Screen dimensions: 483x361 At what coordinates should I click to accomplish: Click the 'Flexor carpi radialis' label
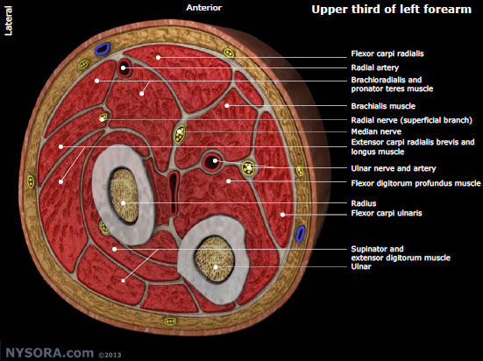[387, 53]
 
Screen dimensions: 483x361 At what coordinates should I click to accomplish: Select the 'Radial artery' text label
[375, 67]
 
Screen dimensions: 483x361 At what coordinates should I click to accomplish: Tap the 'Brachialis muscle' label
[383, 106]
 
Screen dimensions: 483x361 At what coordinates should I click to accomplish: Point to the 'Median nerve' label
[376, 131]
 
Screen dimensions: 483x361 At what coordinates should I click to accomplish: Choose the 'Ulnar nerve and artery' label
[394, 168]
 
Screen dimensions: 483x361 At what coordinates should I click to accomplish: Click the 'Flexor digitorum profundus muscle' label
[416, 183]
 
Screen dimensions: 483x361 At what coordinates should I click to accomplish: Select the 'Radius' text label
[364, 203]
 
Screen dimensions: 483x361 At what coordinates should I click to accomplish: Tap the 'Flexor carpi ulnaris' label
[387, 213]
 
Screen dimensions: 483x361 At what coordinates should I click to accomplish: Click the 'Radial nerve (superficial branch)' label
[411, 120]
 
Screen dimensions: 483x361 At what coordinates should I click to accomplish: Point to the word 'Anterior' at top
[204, 8]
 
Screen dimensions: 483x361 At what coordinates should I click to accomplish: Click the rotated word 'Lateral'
[8, 21]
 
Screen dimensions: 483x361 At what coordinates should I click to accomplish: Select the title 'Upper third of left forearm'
[391, 10]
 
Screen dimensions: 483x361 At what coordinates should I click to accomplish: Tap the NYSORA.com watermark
[49, 353]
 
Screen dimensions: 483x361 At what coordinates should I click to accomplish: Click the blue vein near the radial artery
[103, 49]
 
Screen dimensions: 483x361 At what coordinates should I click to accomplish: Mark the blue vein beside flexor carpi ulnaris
[301, 233]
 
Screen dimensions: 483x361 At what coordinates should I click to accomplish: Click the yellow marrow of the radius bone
[124, 195]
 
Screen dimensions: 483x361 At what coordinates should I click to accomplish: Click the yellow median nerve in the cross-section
[180, 134]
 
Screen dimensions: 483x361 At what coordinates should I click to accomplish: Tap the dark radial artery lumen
[124, 68]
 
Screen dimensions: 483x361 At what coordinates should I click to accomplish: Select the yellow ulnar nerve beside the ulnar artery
[248, 168]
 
